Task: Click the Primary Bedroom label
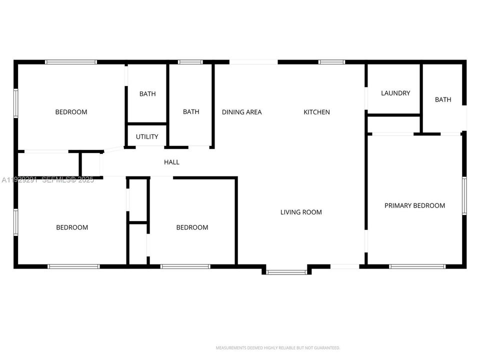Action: click(x=414, y=205)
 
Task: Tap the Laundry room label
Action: click(x=395, y=93)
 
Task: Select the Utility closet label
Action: click(x=147, y=136)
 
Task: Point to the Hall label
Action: click(x=171, y=162)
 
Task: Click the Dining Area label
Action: click(x=241, y=112)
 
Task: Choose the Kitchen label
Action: click(x=316, y=112)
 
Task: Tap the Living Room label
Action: click(x=301, y=212)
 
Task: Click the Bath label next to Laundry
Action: click(x=443, y=99)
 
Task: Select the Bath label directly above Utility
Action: click(x=147, y=94)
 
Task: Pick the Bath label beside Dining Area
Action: click(x=191, y=112)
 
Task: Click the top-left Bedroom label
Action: click(x=71, y=112)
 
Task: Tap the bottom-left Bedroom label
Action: click(x=72, y=227)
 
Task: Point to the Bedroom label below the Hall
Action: click(x=192, y=227)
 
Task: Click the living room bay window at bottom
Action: click(x=286, y=272)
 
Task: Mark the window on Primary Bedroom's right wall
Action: click(x=464, y=195)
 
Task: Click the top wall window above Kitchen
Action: click(x=332, y=62)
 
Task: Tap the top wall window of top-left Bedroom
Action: click(x=71, y=62)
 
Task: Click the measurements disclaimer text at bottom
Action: click(x=278, y=347)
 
